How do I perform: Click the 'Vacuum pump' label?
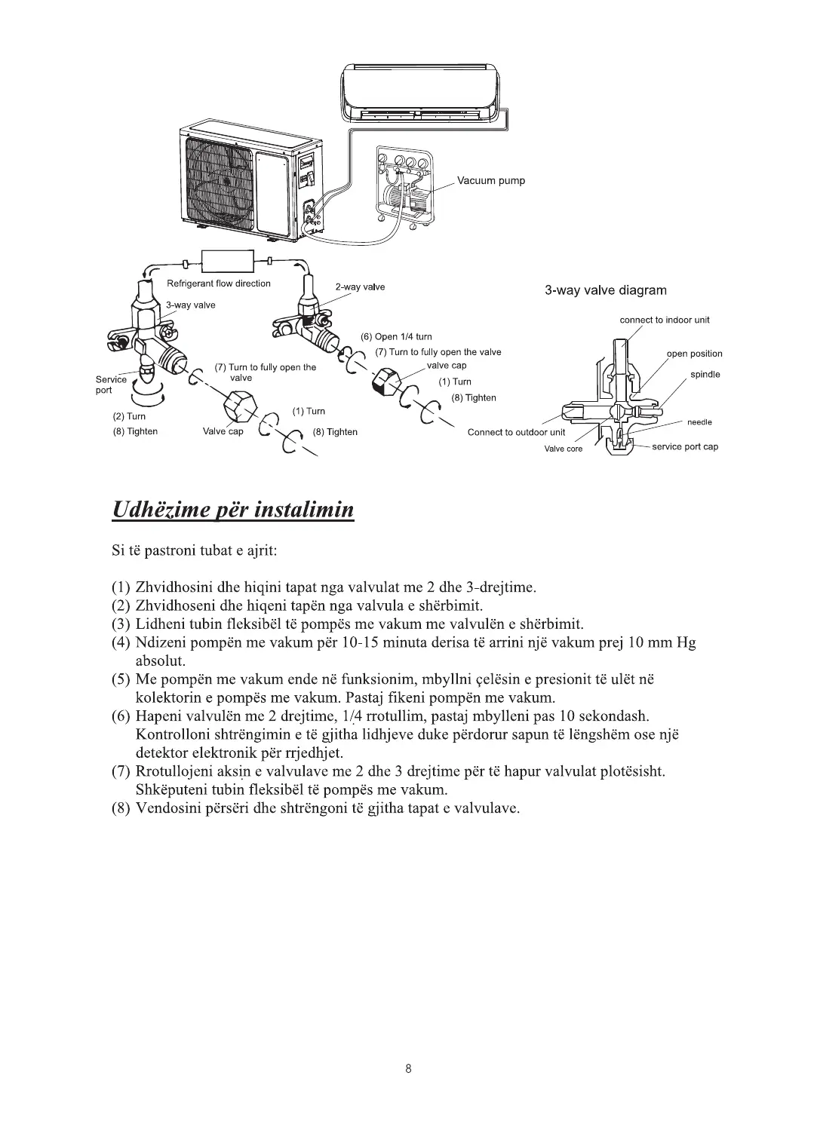(491, 181)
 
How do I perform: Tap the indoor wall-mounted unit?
(418, 92)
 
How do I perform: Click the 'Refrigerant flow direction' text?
(218, 283)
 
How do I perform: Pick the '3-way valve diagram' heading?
(605, 290)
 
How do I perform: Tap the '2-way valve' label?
(360, 287)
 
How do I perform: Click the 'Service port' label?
(111, 385)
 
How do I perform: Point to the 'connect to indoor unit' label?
(664, 320)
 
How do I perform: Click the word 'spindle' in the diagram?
(705, 375)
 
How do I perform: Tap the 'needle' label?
(699, 422)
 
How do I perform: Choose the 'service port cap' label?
(684, 446)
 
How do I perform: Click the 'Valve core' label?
(564, 449)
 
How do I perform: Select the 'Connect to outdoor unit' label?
(516, 432)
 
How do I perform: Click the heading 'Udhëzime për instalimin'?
(232, 510)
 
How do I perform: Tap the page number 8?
(408, 1068)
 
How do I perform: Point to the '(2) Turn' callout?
(129, 416)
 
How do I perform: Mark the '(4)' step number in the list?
(121, 643)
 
